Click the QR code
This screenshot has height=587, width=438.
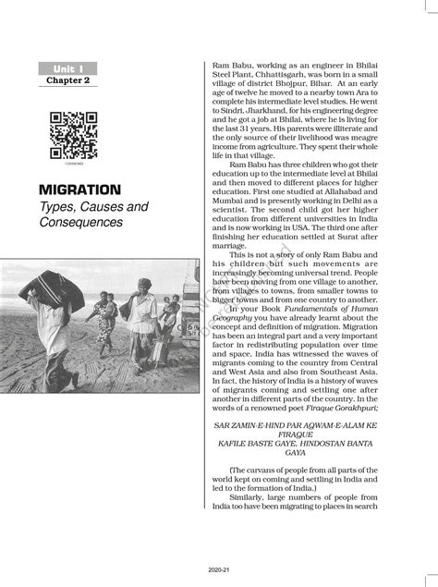pyautogui.click(x=73, y=135)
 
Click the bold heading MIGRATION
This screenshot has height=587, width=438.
pyautogui.click(x=79, y=190)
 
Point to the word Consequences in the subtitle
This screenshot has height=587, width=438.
pyautogui.click(x=80, y=223)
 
